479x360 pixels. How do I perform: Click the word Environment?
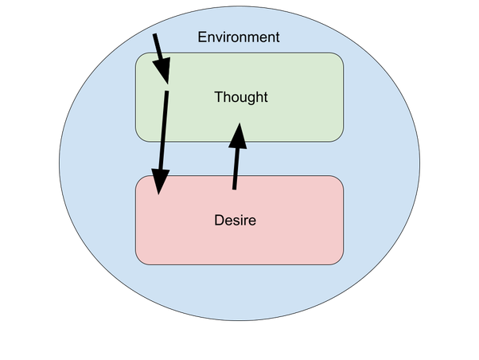(238, 37)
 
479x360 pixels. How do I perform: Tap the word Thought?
(241, 97)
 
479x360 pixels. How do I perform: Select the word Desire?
(236, 220)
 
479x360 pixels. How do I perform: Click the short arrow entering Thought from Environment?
(160, 56)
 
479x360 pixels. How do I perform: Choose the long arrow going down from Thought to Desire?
(163, 139)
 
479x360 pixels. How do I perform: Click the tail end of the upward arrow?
(234, 188)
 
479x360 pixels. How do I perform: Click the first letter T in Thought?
(218, 97)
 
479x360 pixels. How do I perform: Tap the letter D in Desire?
(219, 220)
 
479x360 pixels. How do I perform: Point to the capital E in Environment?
(201, 37)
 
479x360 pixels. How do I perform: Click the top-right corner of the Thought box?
(342, 54)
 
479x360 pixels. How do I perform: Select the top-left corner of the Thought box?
(137, 54)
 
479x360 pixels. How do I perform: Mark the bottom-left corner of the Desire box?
(137, 263)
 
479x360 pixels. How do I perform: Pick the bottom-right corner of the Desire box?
(342, 263)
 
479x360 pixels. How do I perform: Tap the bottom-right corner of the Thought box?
(342, 140)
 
